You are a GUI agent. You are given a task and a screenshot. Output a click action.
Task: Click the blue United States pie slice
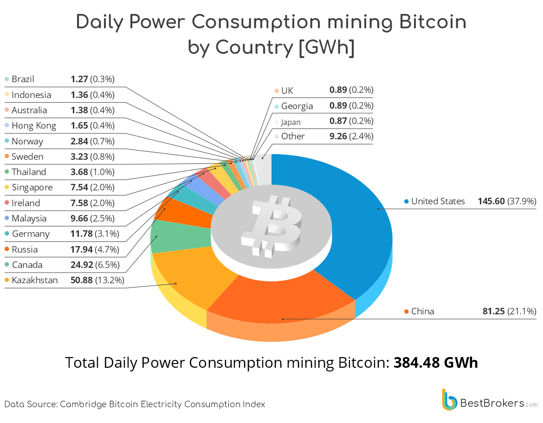coord(343,218)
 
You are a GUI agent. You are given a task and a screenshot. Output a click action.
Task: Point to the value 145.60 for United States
coord(491,201)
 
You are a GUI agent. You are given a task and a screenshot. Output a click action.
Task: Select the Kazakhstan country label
coord(35,280)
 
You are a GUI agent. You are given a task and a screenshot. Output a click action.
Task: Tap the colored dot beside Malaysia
coord(6,218)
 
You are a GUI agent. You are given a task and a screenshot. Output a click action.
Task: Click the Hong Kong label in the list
coord(33,125)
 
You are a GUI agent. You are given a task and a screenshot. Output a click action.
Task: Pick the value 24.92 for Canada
coord(81,265)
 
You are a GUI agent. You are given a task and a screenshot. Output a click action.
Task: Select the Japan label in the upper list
coord(291,122)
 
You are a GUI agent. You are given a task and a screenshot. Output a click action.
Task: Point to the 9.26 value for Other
coord(337,136)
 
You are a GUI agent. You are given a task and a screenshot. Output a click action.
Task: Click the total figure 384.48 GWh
coord(435,362)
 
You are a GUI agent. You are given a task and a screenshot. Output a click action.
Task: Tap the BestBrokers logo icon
coord(449,400)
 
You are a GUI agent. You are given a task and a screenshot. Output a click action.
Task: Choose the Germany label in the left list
coord(31,234)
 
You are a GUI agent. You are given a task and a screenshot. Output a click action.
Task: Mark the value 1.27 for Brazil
coord(79,79)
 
